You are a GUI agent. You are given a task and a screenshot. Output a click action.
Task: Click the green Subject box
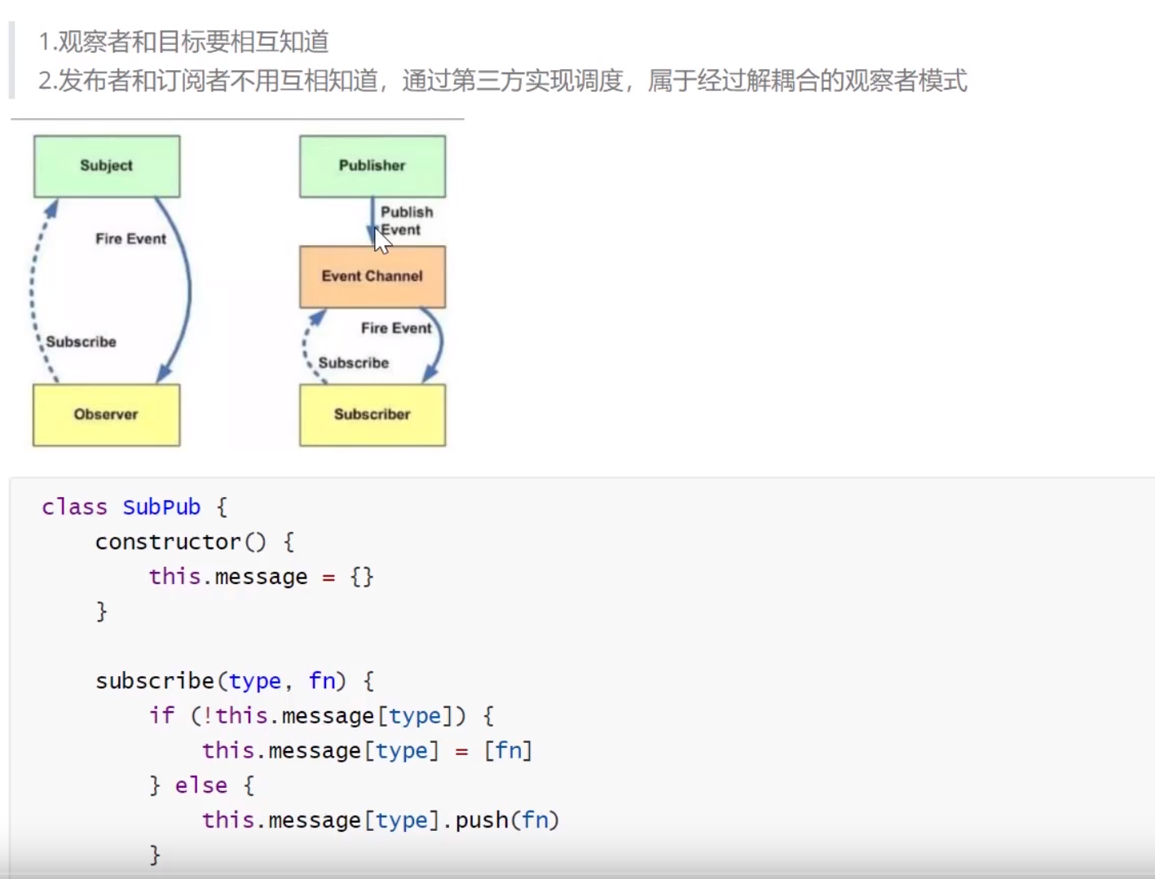coord(107,166)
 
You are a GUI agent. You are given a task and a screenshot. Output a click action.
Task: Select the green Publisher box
coord(373,166)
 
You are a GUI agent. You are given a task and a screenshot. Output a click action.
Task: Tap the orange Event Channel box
coord(373,277)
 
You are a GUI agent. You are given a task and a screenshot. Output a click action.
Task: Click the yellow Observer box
coord(106,415)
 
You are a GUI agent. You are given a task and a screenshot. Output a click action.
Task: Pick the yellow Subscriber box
coord(373,415)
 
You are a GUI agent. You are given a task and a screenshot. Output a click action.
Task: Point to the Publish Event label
coord(406,221)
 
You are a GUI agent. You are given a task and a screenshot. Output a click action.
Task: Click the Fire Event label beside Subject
coord(130,239)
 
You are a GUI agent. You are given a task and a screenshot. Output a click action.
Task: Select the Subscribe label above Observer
coord(81,342)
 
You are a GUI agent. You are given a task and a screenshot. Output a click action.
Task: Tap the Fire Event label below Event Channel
coord(396,328)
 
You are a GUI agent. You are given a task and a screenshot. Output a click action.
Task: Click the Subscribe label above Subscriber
coord(353,363)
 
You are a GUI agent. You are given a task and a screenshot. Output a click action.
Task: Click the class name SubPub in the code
coord(161,508)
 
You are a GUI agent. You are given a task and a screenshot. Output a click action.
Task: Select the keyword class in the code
coord(74,508)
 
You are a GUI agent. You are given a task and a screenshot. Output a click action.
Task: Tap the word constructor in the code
coord(168,542)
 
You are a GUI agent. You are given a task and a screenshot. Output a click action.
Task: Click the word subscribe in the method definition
coord(155,681)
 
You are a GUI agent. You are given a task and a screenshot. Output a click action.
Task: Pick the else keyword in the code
coord(201,785)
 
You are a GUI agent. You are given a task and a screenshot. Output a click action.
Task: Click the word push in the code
coord(482,820)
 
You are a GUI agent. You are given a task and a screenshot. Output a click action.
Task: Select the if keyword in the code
coord(161,715)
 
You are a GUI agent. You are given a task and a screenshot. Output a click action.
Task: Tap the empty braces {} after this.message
coord(362,577)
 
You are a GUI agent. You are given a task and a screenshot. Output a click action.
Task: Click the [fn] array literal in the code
coord(508,750)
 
